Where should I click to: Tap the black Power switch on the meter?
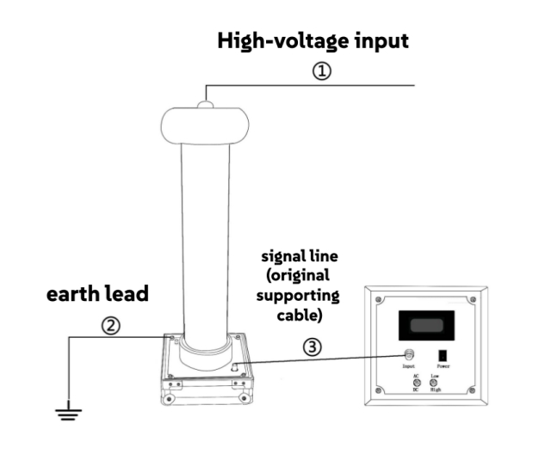445,353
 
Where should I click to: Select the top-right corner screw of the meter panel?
473,298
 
